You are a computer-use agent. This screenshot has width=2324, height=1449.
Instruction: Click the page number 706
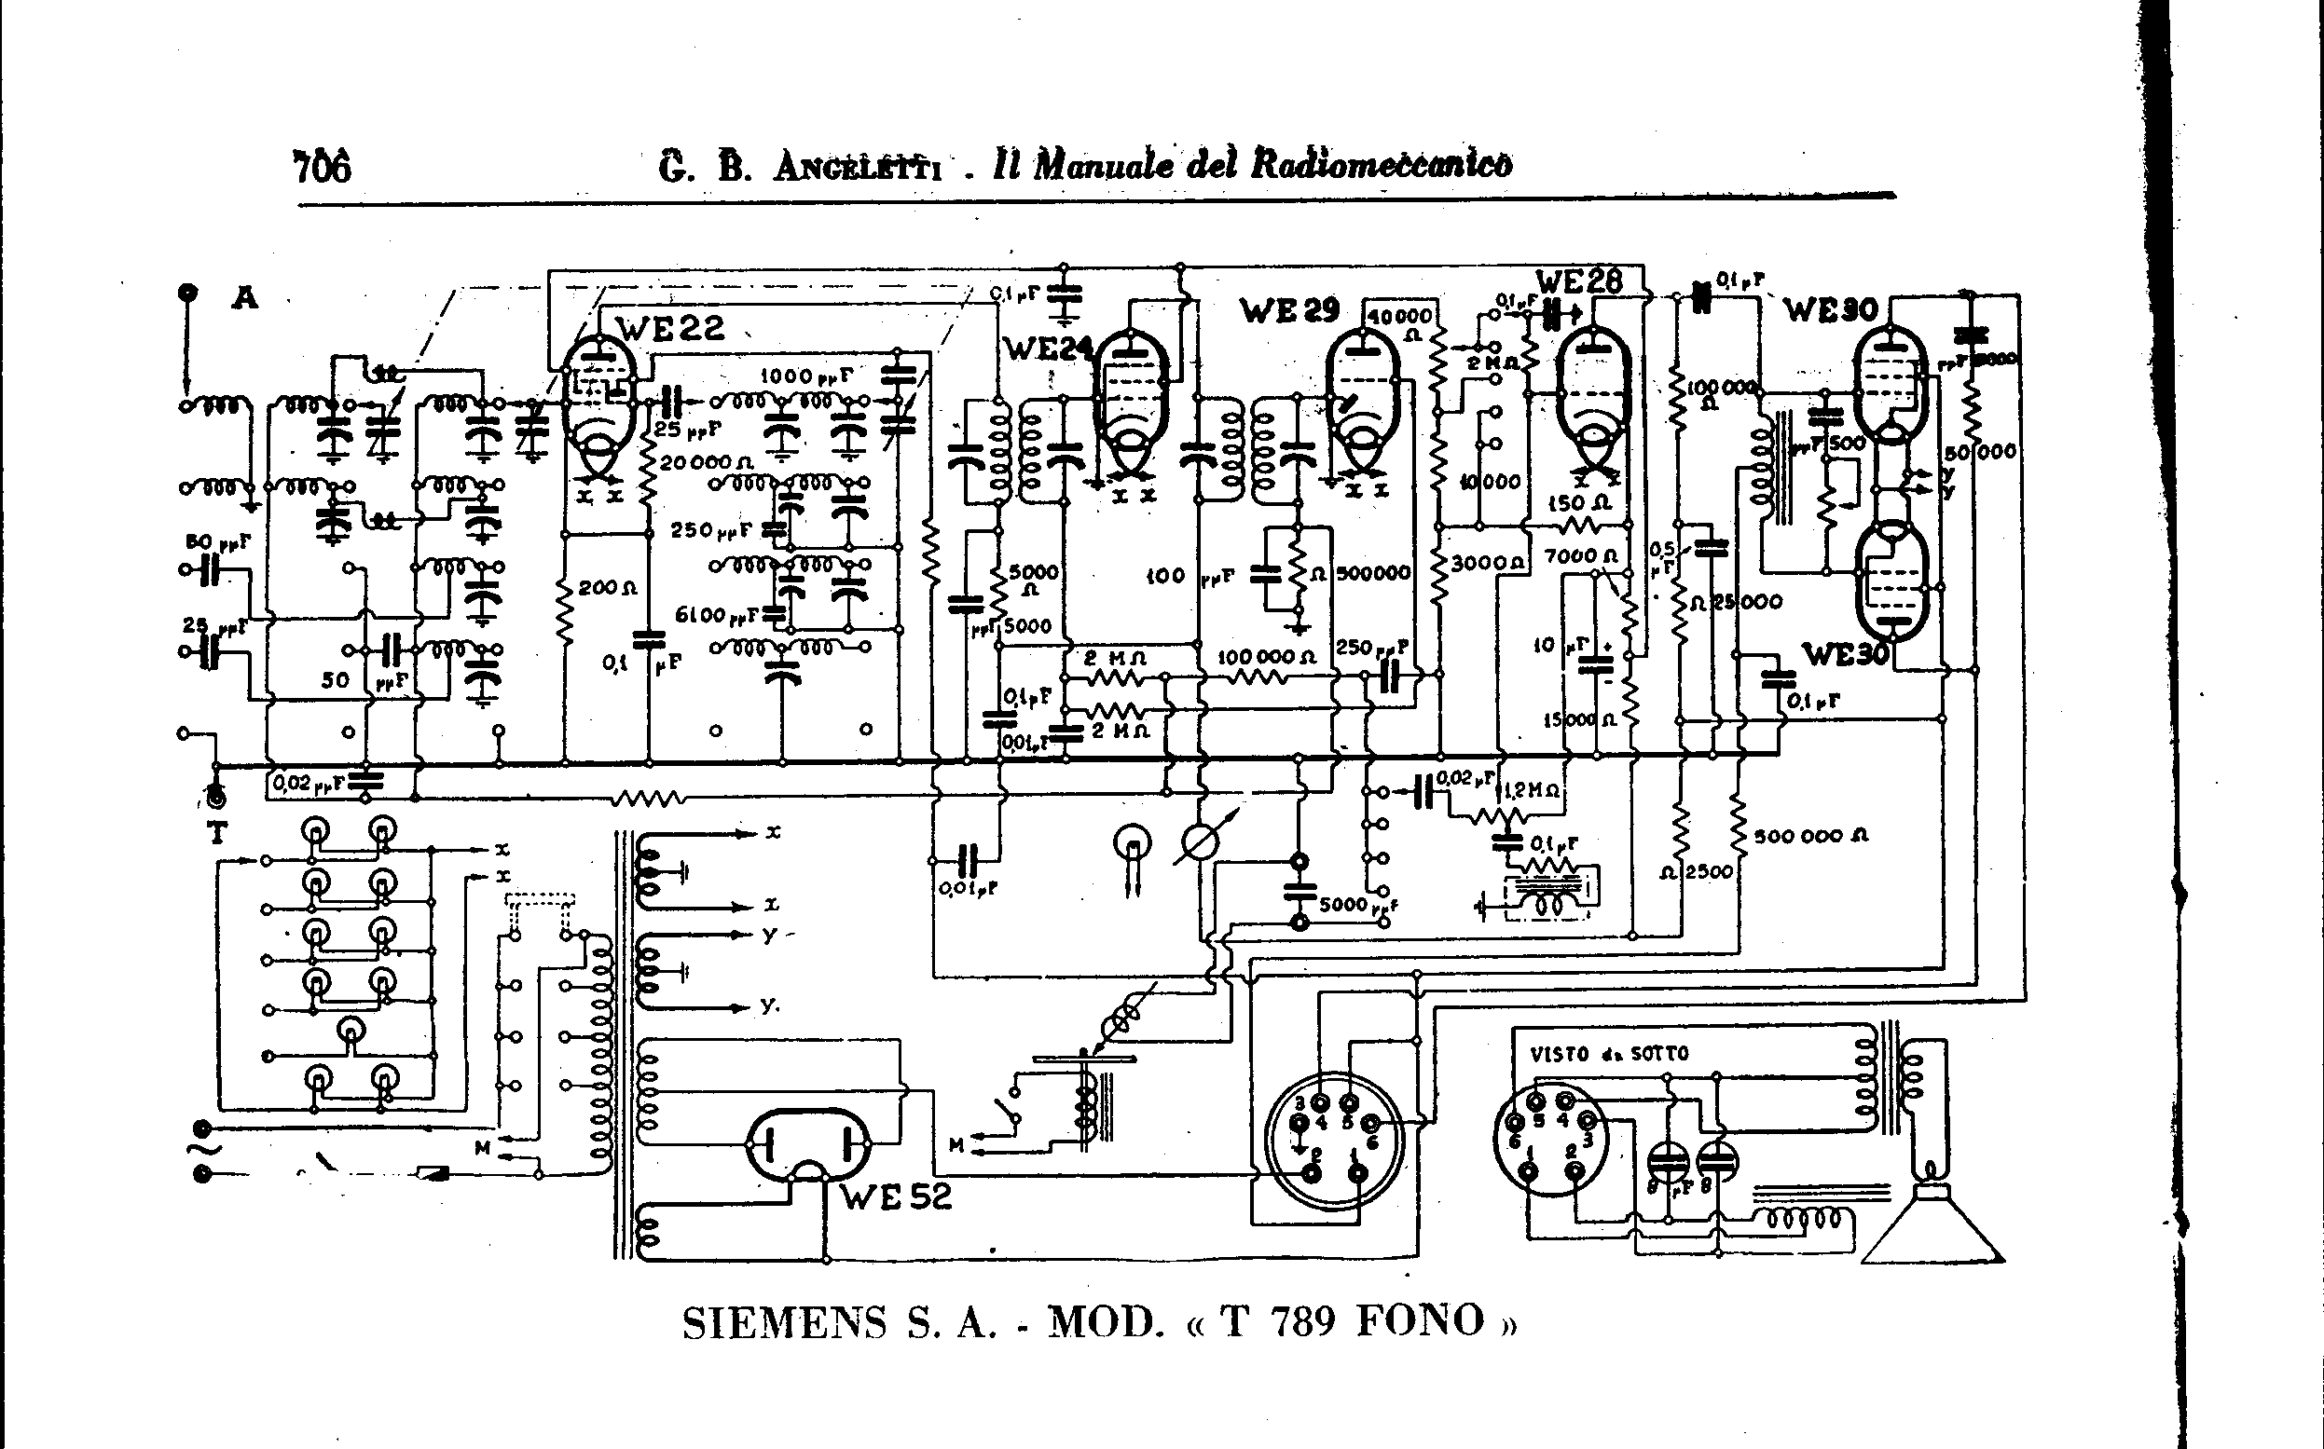click(323, 167)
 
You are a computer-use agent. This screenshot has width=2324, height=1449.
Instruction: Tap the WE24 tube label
click(1047, 349)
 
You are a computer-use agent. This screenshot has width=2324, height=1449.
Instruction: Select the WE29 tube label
click(1288, 310)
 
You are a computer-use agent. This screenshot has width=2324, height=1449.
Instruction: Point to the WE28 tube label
click(1578, 280)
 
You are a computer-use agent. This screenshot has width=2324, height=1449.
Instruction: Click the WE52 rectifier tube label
click(897, 1196)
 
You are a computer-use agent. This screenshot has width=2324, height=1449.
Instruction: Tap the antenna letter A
click(245, 298)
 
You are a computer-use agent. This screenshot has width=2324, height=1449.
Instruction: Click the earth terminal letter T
click(217, 833)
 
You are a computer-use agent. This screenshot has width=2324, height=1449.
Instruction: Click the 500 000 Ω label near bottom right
click(1810, 836)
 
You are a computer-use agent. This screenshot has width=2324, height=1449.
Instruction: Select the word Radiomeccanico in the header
click(1381, 165)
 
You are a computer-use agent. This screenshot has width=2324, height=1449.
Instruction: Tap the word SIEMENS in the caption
click(784, 1323)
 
